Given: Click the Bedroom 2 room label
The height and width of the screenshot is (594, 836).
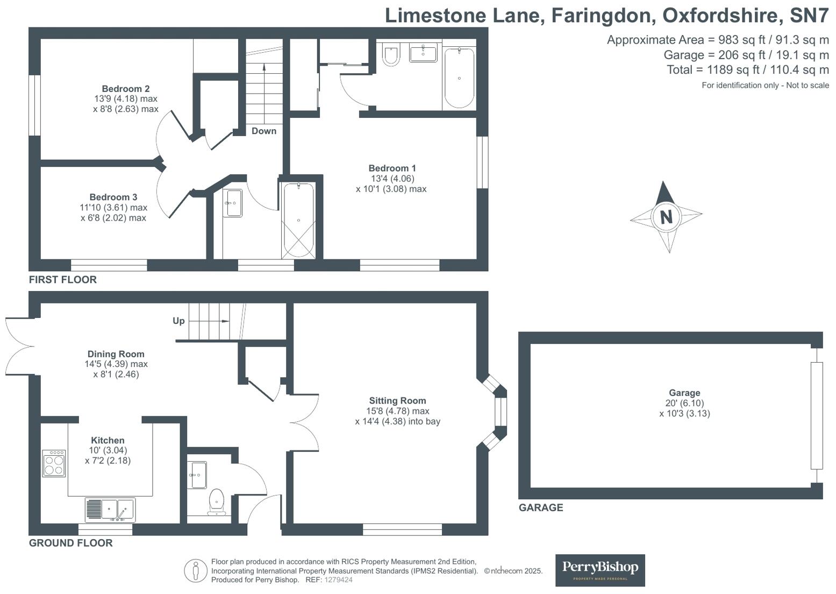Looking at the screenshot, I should point(126,89).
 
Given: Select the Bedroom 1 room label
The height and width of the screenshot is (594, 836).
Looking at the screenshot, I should point(392,168).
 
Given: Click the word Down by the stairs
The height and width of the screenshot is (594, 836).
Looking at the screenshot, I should point(264,131).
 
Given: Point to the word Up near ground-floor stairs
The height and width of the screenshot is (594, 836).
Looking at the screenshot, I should point(178,321).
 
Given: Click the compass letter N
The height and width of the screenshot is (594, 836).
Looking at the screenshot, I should point(666,217).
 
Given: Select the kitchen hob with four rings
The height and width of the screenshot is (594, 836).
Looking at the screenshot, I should point(54,463).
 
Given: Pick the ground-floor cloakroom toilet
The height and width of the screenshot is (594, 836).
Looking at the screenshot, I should point(217,500).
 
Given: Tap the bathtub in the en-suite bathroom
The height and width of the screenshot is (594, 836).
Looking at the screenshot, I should point(459,78).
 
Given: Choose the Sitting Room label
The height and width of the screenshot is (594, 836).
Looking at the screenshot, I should point(397,401).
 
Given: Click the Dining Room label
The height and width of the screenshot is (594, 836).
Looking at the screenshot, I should point(116,354).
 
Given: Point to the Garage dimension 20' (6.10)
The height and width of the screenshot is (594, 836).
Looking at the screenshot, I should point(684,403).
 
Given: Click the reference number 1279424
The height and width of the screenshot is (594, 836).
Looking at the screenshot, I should point(339,580).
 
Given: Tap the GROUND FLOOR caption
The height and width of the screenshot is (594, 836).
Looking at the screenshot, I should point(71,543).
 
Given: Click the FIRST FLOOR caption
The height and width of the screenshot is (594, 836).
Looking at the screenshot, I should point(63,280).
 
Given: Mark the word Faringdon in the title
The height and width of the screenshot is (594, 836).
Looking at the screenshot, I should point(603,16).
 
